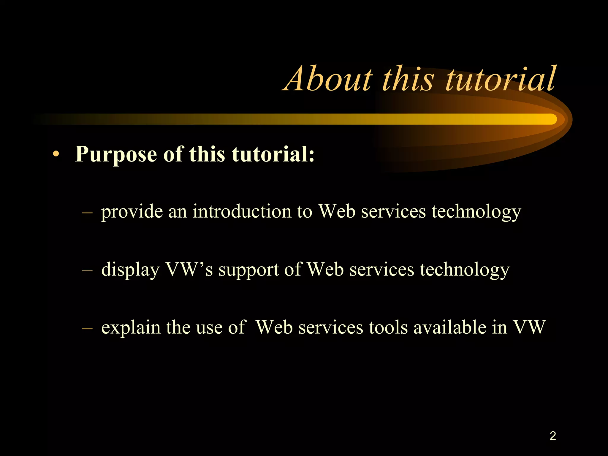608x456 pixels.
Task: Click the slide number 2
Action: (553, 436)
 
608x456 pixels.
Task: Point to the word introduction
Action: (242, 212)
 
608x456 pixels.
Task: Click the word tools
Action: (388, 327)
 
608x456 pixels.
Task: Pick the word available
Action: (450, 327)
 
